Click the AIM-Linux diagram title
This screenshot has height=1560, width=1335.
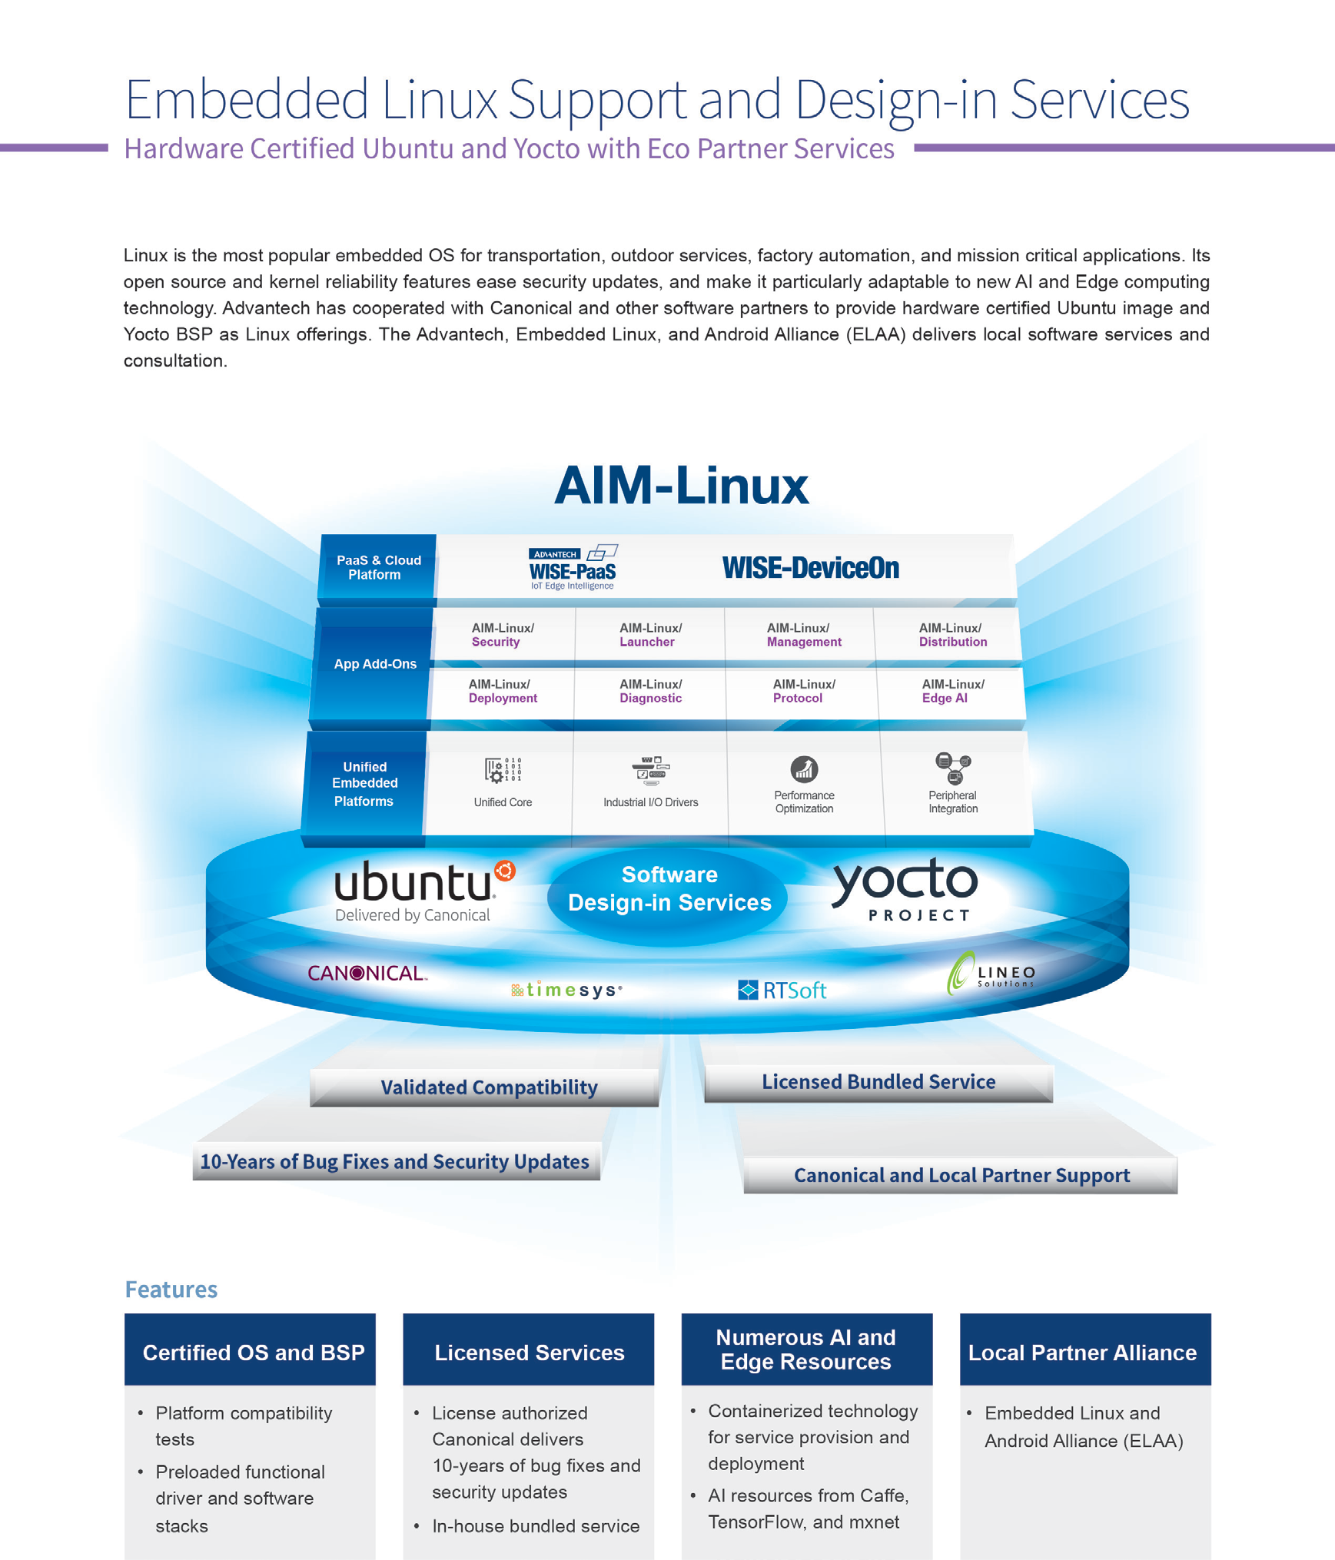pos(681,486)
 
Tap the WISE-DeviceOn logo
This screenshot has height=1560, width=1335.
pos(810,568)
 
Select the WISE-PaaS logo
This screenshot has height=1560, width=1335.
pos(573,568)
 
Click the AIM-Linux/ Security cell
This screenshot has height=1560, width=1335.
pos(503,635)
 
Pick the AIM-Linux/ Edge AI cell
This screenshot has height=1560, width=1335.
pos(952,691)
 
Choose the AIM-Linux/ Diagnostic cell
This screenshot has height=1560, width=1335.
pos(650,691)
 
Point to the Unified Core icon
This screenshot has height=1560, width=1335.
pos(503,769)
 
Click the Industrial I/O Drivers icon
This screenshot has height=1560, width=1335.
pos(650,769)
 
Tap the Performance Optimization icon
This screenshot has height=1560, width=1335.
pos(804,768)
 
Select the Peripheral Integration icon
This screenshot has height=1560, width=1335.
pos(953,767)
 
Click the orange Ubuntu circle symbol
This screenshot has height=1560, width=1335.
pos(505,871)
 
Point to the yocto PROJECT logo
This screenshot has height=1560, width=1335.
pos(906,889)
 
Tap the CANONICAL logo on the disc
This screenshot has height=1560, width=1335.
pos(367,973)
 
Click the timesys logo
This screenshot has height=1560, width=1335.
pos(566,990)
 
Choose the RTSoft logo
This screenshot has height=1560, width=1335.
pos(782,990)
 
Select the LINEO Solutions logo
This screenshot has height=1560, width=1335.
pos(991,974)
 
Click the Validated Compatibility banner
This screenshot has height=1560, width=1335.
pos(489,1087)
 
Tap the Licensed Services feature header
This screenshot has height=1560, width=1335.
pos(529,1352)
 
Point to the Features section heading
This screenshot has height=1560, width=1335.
pos(171,1289)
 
